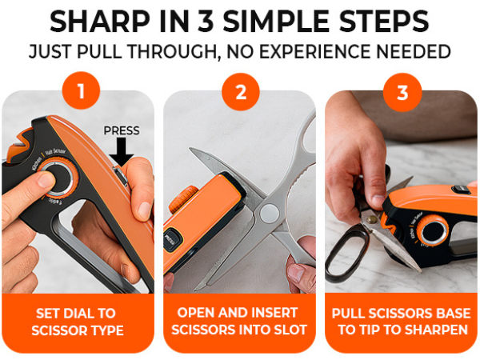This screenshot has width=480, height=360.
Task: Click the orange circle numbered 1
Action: coord(79,91)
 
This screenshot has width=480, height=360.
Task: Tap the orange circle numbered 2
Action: coord(241,91)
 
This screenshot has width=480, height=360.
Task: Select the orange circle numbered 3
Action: coord(402,91)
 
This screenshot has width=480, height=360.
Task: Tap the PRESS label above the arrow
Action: coord(122,130)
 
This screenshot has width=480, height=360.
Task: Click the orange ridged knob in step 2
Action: coord(186,196)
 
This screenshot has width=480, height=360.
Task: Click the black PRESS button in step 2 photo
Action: coord(172,238)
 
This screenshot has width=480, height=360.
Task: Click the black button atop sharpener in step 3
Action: coord(461,190)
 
